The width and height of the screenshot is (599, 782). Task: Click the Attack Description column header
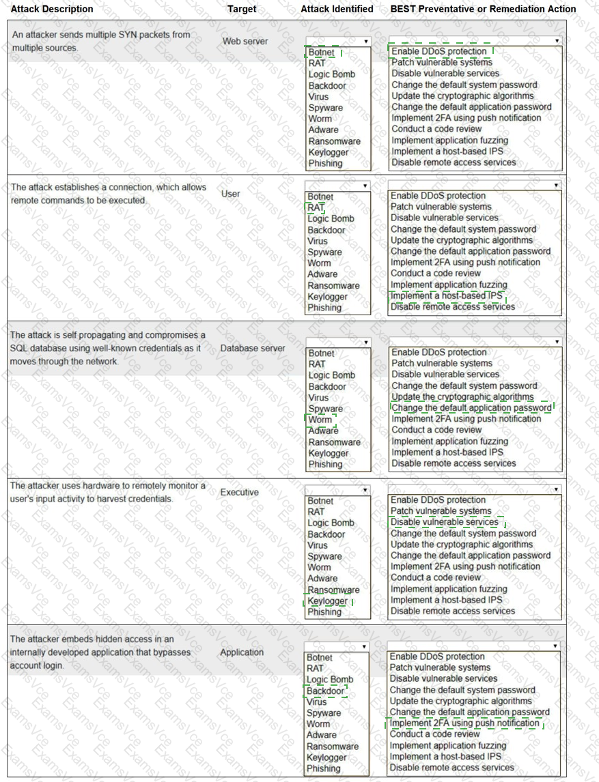[52, 9]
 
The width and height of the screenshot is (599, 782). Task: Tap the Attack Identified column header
[337, 9]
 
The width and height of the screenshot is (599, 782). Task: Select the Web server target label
[245, 42]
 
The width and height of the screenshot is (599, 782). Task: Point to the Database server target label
[253, 348]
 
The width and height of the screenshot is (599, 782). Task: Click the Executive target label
[239, 492]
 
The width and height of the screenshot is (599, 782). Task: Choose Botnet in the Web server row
[321, 53]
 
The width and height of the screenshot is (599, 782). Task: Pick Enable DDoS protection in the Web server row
[438, 51]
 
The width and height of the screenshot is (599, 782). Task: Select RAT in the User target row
[316, 207]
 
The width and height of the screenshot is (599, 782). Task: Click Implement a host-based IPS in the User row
[446, 295]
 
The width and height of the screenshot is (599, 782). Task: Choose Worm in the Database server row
[320, 420]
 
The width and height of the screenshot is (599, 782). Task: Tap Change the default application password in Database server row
[471, 408]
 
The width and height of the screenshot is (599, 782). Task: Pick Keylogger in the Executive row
[328, 601]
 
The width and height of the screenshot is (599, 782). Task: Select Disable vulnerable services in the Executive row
[444, 522]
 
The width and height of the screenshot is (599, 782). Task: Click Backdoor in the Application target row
[325, 691]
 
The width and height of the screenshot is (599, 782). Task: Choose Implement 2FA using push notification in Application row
[464, 723]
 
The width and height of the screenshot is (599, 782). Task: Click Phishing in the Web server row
[325, 163]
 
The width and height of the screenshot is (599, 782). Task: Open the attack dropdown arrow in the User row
[365, 186]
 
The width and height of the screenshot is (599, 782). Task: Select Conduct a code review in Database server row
[436, 430]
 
